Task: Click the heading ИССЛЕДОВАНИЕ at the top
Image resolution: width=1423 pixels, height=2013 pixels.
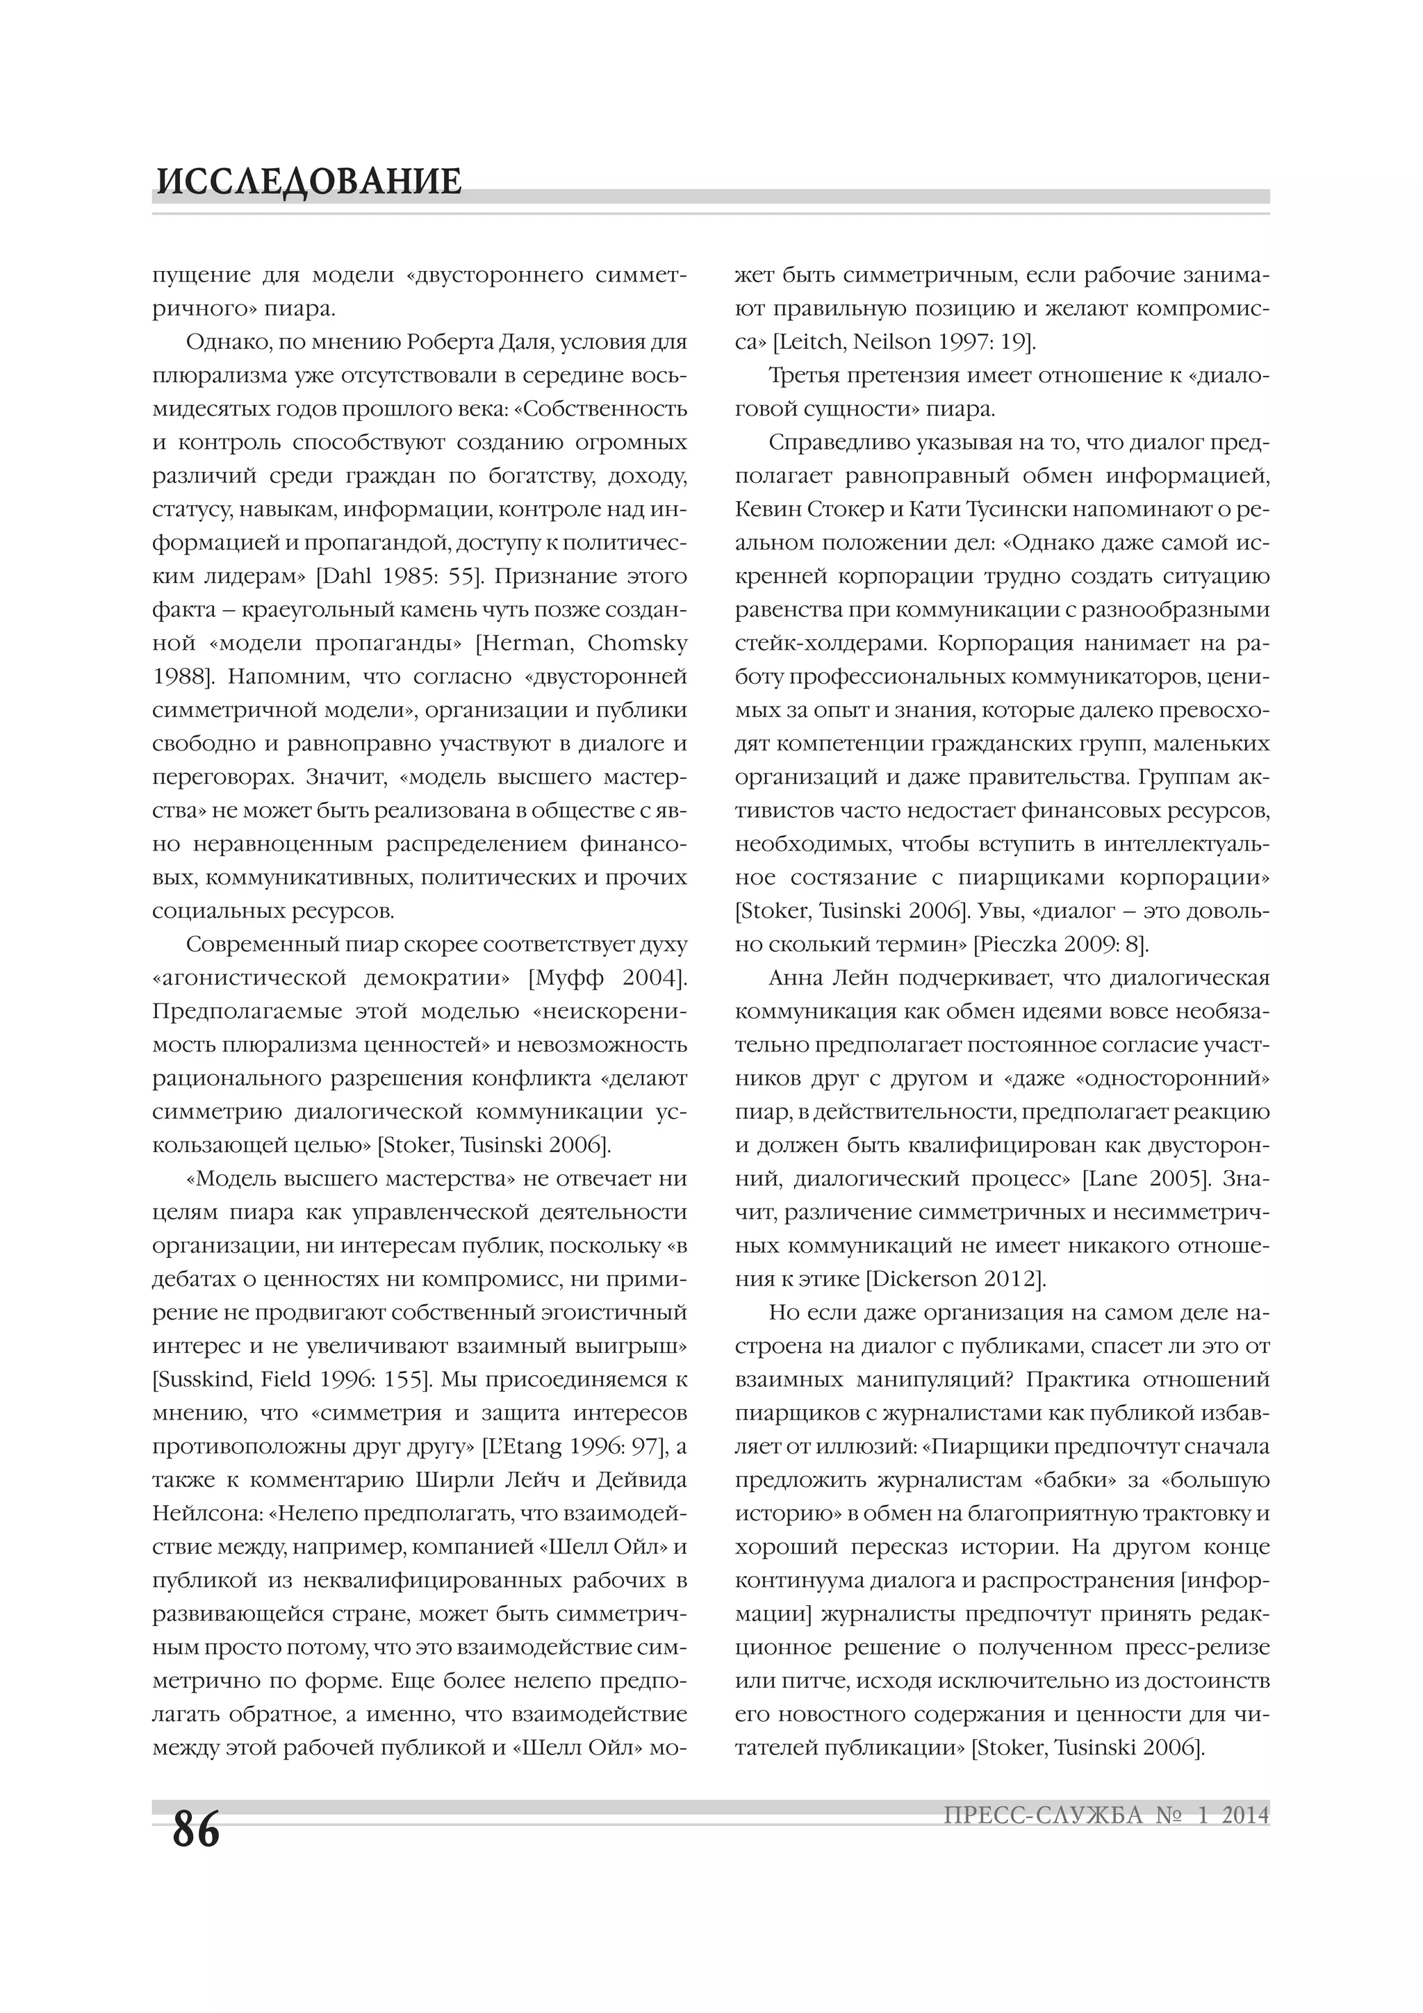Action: [309, 181]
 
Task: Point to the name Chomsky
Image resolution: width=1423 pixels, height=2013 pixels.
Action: [637, 643]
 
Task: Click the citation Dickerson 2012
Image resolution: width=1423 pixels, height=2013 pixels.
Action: [955, 1279]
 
